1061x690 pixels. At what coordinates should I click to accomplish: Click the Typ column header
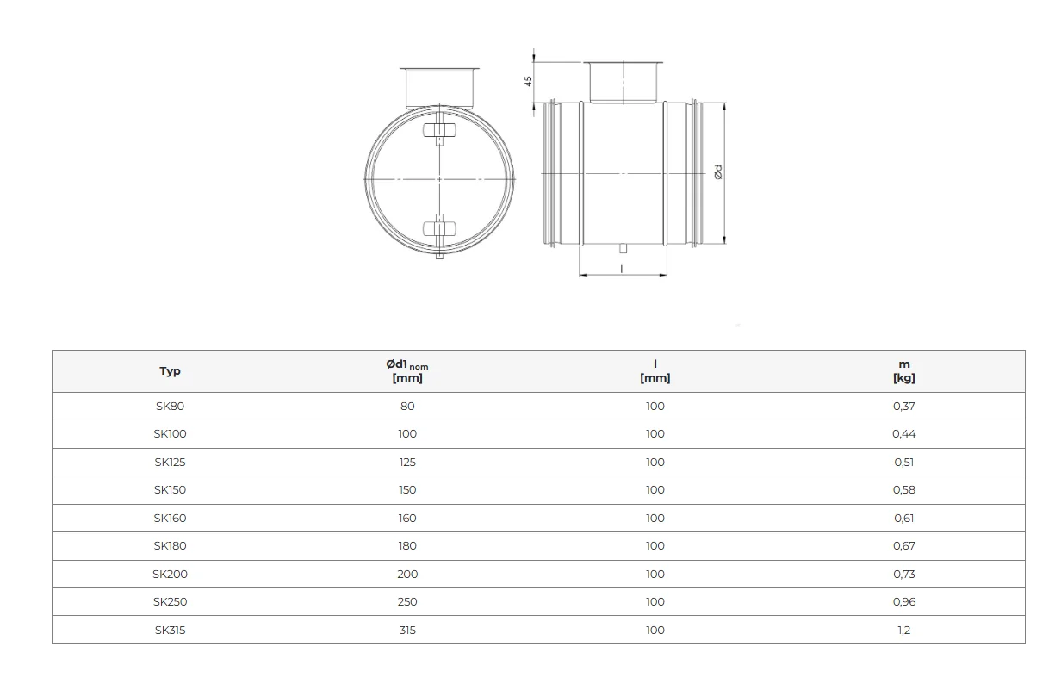click(x=170, y=370)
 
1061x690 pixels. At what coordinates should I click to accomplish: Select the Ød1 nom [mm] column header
click(x=407, y=370)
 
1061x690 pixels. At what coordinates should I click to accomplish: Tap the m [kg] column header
click(x=903, y=370)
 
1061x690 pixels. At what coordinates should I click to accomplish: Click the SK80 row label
click(x=170, y=406)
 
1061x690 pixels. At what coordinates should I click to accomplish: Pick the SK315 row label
click(x=170, y=630)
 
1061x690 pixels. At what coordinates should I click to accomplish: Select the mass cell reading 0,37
click(x=903, y=406)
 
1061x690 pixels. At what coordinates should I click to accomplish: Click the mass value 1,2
click(x=903, y=630)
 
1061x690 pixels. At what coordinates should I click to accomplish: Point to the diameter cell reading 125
click(x=407, y=462)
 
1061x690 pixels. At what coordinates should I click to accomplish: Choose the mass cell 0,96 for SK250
click(x=903, y=601)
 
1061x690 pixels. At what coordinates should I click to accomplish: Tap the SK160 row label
click(x=170, y=518)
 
